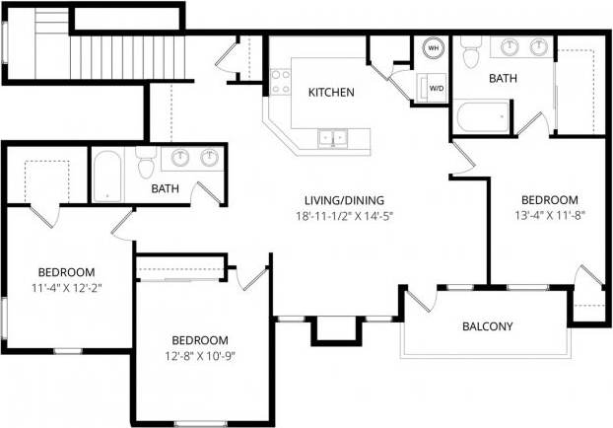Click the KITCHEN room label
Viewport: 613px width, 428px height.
point(331,93)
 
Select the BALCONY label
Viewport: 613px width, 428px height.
point(488,326)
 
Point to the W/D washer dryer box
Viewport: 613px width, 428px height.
point(435,88)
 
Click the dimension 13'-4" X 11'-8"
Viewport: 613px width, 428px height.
point(547,212)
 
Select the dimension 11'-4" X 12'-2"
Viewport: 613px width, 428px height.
point(66,288)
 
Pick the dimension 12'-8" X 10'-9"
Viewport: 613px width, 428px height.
point(199,356)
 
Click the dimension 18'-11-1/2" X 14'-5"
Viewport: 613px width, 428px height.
point(345,216)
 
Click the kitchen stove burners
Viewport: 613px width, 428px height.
point(279,82)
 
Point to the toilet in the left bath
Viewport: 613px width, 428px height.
point(146,162)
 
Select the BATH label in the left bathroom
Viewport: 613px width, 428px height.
point(165,187)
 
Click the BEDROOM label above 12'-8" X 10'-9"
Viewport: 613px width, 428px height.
point(200,339)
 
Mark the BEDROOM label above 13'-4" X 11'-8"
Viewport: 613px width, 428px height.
point(549,196)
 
